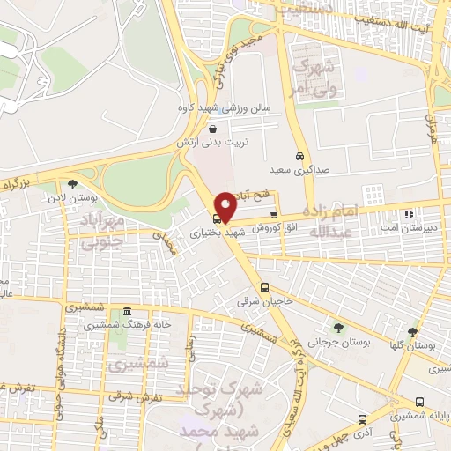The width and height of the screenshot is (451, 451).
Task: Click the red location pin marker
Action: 225,206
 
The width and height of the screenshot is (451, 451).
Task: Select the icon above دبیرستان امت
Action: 407,214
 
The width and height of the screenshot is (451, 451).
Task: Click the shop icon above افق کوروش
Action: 274,215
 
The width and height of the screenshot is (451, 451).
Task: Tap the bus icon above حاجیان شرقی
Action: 264,288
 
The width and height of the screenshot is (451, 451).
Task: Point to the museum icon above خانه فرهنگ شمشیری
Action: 128,312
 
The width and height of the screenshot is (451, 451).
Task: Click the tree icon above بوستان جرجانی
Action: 334,326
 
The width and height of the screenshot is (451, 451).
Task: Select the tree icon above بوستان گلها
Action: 411,332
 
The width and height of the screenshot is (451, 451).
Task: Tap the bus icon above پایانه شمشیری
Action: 418,402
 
